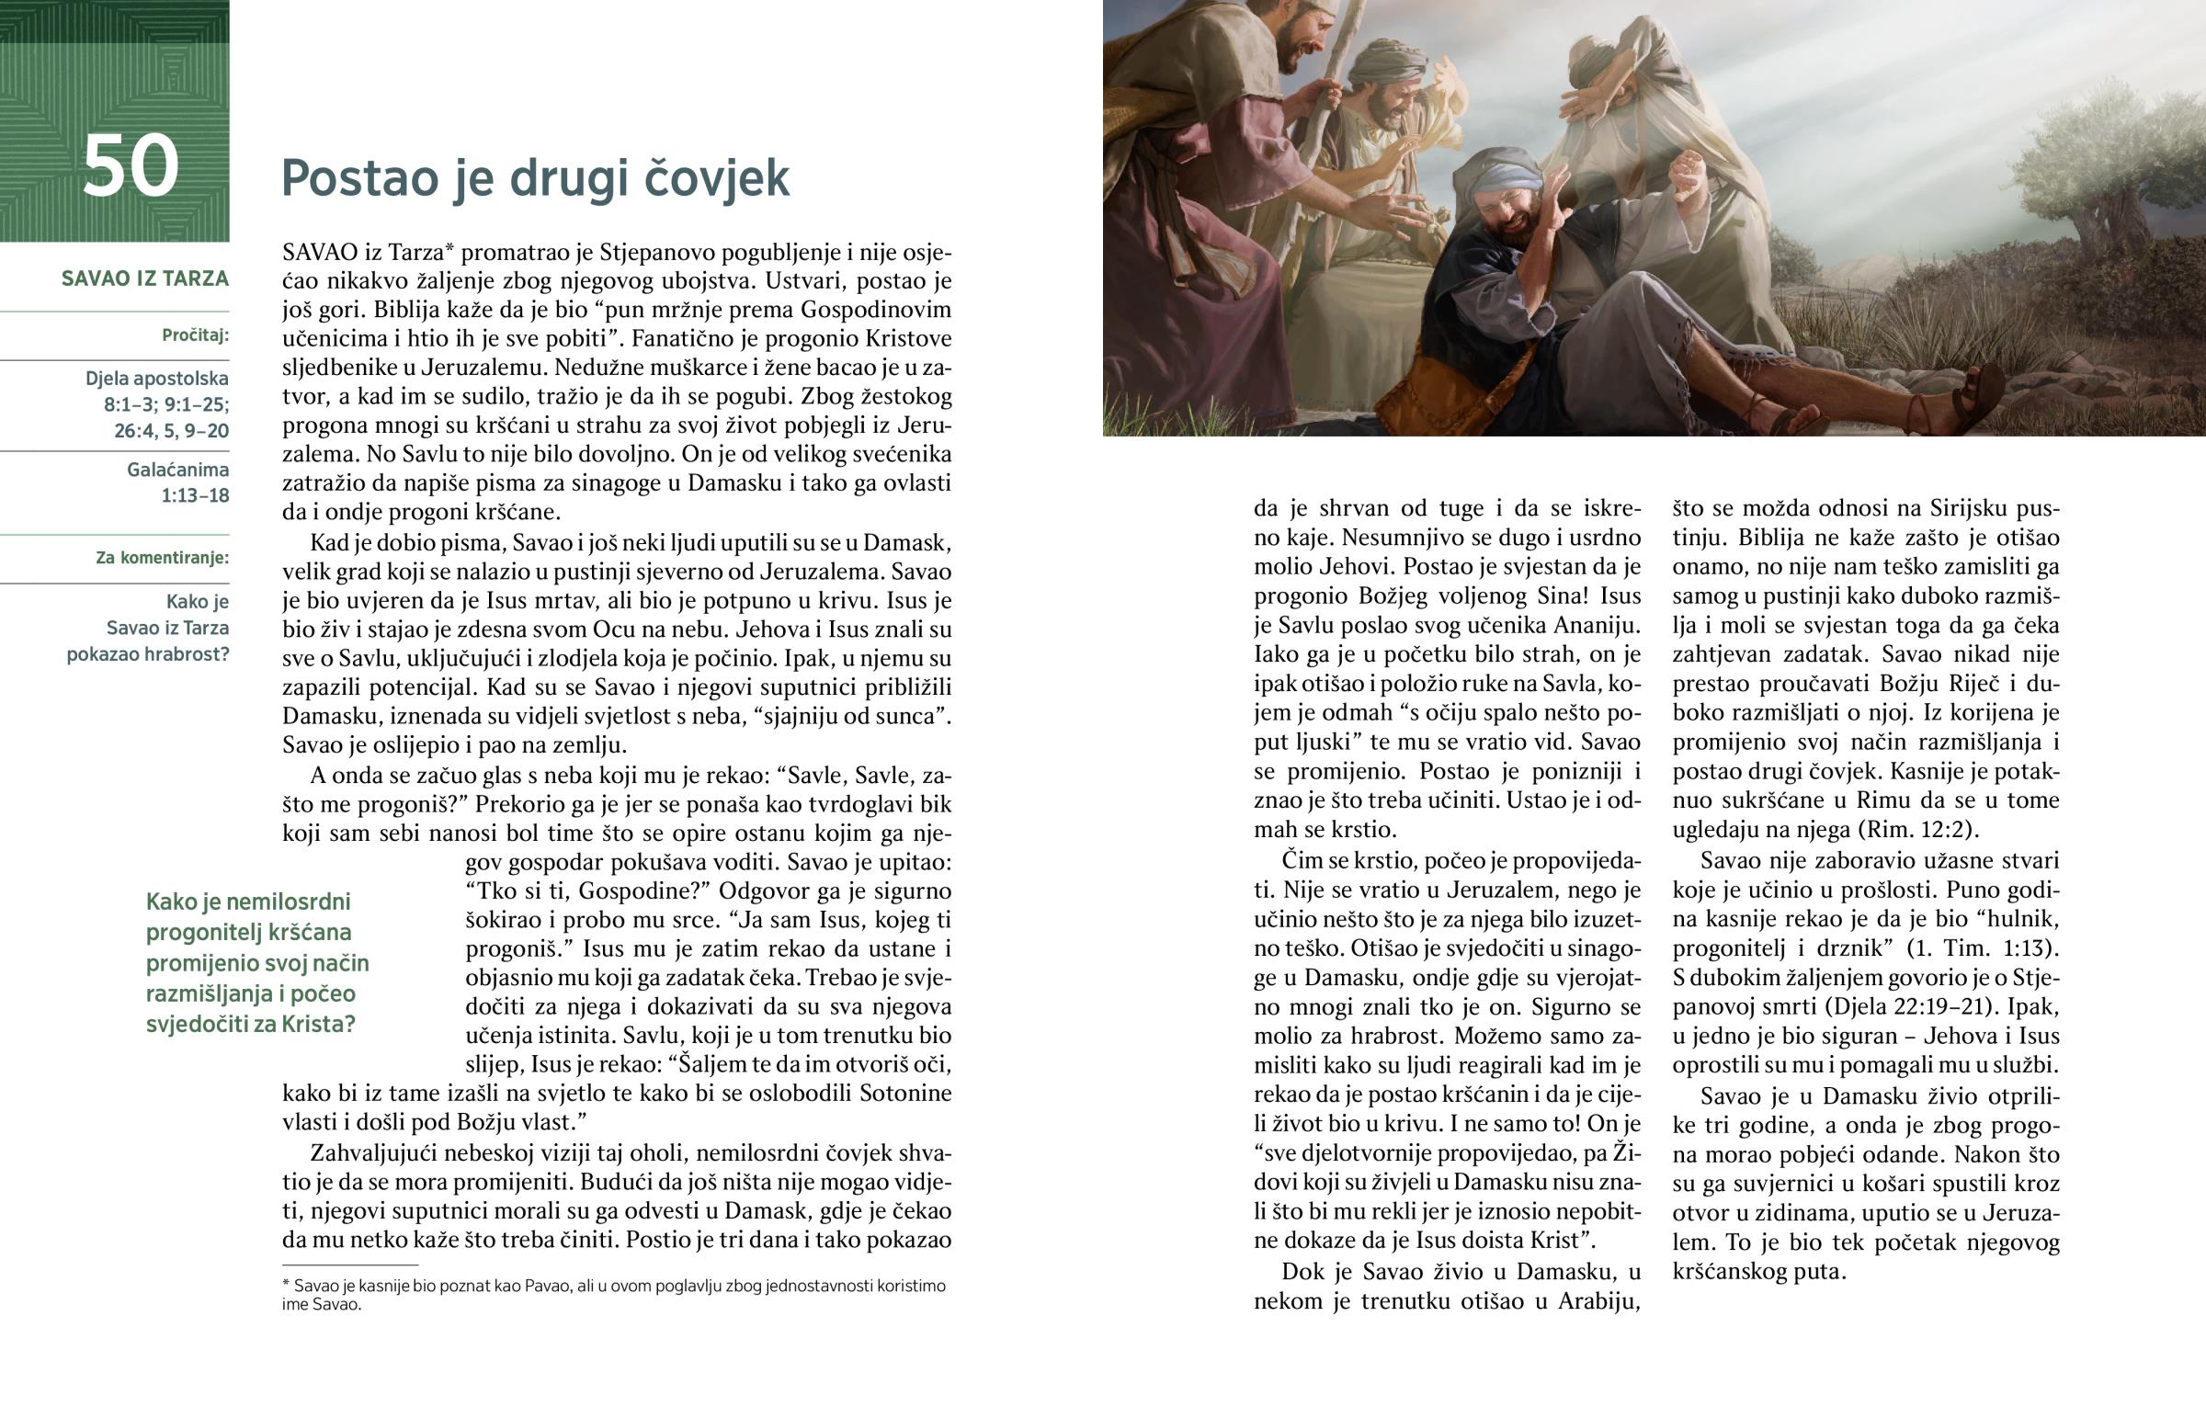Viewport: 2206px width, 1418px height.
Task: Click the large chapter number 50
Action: coord(131,166)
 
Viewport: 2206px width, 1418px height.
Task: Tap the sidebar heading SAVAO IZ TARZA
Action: coord(144,279)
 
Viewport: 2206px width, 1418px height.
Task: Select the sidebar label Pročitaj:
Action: coord(195,335)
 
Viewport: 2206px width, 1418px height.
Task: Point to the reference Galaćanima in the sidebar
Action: coord(177,470)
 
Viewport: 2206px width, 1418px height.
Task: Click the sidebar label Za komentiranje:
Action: coord(162,558)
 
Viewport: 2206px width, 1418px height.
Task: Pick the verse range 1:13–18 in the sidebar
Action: coord(195,496)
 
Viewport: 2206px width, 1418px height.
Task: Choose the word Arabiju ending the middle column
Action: coord(1598,1301)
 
